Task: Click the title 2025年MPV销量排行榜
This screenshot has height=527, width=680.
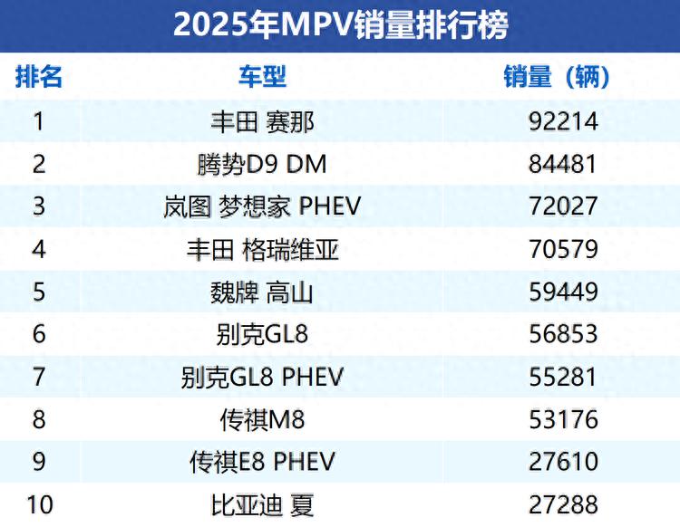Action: click(340, 24)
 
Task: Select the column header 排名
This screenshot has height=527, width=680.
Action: click(39, 77)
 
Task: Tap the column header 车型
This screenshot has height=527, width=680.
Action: click(262, 77)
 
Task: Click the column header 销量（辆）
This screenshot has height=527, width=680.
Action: click(557, 77)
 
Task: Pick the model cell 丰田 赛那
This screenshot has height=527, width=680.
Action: click(262, 121)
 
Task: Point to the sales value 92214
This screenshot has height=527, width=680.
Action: click(563, 121)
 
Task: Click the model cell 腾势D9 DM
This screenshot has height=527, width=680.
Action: click(262, 164)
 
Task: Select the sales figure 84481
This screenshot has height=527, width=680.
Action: click(563, 164)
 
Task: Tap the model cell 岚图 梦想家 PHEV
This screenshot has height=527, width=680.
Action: click(262, 206)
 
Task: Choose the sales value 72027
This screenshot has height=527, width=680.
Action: click(563, 206)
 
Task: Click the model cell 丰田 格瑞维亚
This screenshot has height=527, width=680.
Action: click(262, 249)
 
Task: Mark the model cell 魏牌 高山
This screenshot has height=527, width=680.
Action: click(262, 292)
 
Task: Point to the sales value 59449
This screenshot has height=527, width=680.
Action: click(563, 292)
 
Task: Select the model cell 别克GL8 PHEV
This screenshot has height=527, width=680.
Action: click(262, 377)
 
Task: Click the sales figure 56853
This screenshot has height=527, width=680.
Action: click(563, 334)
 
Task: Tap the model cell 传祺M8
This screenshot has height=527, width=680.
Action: click(262, 419)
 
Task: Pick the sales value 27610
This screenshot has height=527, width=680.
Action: click(563, 462)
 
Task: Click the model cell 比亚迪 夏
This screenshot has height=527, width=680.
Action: click(262, 504)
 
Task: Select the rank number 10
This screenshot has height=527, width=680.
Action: click(39, 504)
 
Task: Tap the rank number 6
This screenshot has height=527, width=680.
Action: click(39, 334)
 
